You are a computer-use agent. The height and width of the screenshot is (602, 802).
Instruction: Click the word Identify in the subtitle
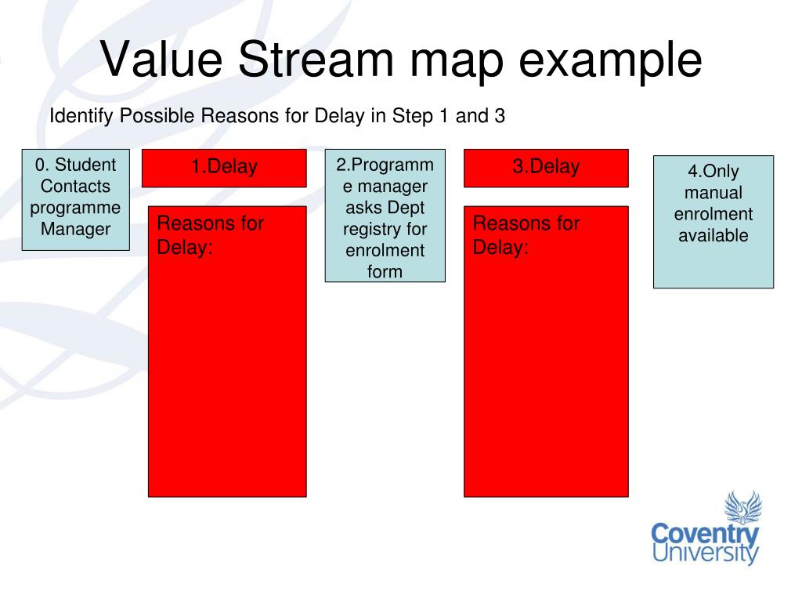tap(81, 116)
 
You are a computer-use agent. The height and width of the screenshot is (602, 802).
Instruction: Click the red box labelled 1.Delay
tap(224, 168)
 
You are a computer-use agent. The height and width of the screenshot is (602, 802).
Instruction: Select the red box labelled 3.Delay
tap(546, 168)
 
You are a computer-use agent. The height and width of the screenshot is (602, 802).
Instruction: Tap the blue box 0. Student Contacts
tap(76, 200)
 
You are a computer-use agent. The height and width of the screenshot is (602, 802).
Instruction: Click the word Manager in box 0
tap(76, 229)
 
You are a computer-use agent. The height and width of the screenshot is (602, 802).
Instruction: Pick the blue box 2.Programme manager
tap(385, 216)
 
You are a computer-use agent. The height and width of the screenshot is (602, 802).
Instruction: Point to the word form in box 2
tap(385, 271)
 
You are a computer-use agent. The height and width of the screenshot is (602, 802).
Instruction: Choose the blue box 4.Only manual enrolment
tap(713, 222)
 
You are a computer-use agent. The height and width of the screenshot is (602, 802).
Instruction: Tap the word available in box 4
tap(713, 235)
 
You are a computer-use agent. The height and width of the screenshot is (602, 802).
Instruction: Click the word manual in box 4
tap(713, 193)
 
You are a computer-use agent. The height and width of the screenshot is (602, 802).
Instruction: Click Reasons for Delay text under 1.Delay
tap(210, 235)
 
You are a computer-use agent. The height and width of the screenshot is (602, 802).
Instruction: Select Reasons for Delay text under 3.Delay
tap(526, 235)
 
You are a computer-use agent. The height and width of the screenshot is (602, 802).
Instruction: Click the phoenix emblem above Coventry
tap(743, 507)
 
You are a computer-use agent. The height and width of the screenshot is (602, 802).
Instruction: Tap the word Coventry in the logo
tap(705, 535)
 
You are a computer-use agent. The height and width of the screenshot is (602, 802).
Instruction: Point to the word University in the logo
tap(705, 553)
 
